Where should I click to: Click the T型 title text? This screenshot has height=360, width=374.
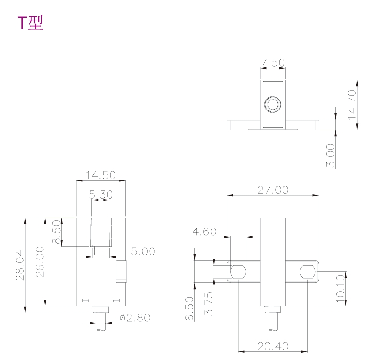(x=30, y=22)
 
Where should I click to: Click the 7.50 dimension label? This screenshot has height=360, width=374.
(x=273, y=62)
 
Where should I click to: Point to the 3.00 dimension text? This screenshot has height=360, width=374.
(x=331, y=155)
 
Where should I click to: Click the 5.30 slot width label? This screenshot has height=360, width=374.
(x=100, y=194)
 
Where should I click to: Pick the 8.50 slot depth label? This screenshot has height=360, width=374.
(x=57, y=232)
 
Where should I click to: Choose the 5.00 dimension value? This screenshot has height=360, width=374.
(x=143, y=251)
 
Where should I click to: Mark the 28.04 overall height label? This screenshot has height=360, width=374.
(x=20, y=265)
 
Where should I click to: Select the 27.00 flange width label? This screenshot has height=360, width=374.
(x=273, y=190)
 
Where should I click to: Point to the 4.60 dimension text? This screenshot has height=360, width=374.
(x=204, y=232)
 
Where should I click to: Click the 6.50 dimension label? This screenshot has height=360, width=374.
(x=190, y=309)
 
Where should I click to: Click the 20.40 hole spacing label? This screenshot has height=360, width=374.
(x=273, y=346)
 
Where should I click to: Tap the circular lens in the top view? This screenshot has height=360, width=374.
(x=273, y=104)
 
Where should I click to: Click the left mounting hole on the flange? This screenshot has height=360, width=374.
(x=237, y=272)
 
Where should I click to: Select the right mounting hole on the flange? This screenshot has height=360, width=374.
(x=308, y=272)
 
